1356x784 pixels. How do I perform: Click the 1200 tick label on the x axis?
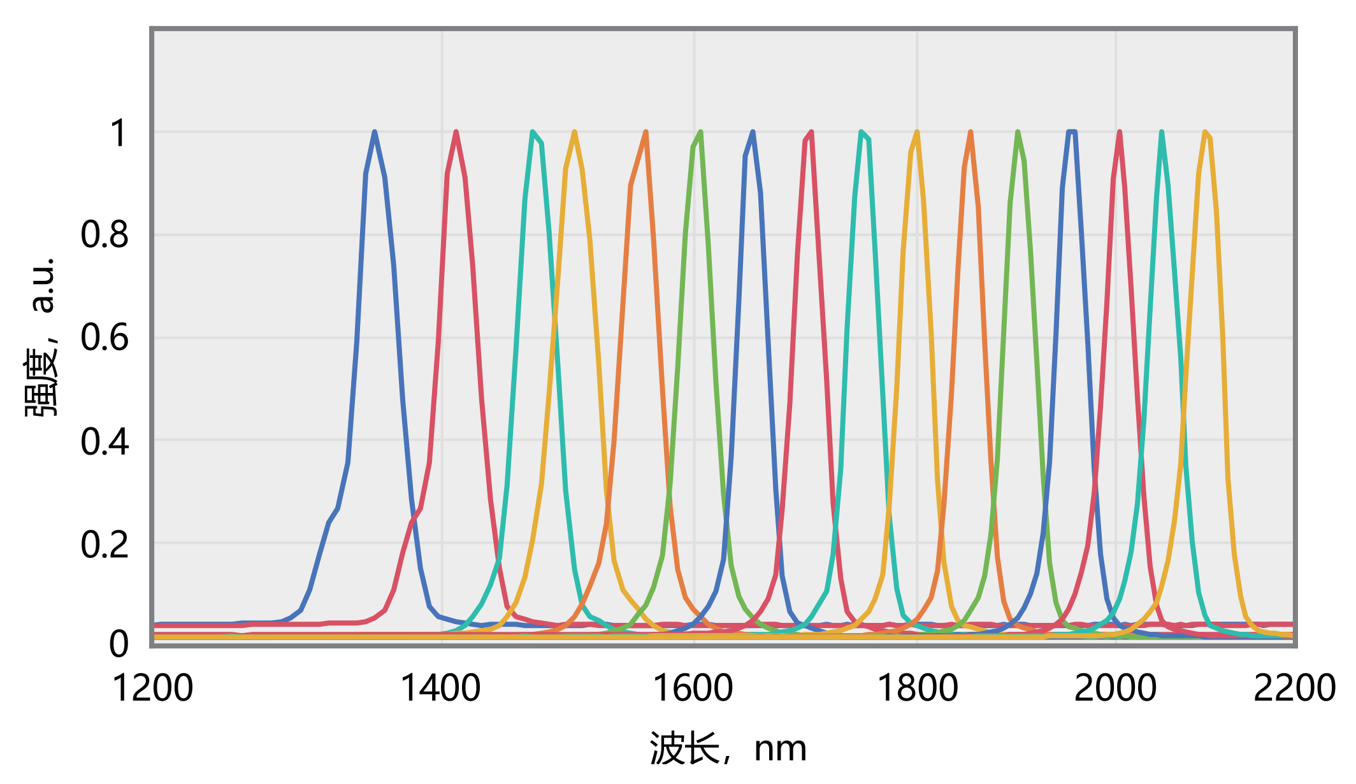pyautogui.click(x=152, y=688)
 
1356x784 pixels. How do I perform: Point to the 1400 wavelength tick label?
pyautogui.click(x=440, y=688)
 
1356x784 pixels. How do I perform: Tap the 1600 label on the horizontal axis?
pyautogui.click(x=693, y=688)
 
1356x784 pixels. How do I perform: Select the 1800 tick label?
pyautogui.click(x=918, y=688)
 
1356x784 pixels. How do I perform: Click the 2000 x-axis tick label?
pyautogui.click(x=1115, y=688)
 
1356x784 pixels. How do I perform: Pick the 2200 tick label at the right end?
pyautogui.click(x=1294, y=688)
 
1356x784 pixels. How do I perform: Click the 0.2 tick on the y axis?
pyautogui.click(x=105, y=545)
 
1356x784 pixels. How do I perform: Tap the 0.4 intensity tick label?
pyautogui.click(x=105, y=441)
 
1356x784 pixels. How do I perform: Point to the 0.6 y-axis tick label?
pyautogui.click(x=105, y=338)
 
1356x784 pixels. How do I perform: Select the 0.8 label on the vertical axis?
pyautogui.click(x=105, y=234)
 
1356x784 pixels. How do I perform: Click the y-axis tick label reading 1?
pyautogui.click(x=119, y=134)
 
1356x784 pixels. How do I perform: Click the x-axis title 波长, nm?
pyautogui.click(x=728, y=748)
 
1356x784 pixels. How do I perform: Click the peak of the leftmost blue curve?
pyautogui.click(x=375, y=132)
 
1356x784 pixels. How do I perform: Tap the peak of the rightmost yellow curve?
pyautogui.click(x=1205, y=132)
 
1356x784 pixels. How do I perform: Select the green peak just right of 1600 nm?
pyautogui.click(x=701, y=132)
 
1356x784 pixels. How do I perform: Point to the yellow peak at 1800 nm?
pyautogui.click(x=917, y=132)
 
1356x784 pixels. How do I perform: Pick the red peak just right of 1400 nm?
pyautogui.click(x=456, y=132)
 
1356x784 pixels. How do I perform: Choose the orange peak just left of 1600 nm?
pyautogui.click(x=646, y=132)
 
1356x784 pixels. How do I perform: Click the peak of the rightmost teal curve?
pyautogui.click(x=1162, y=132)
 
